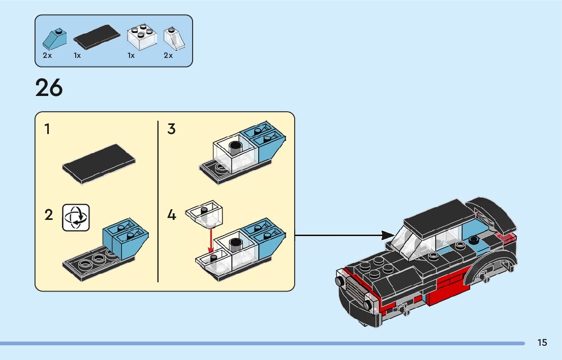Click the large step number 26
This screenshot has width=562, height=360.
coord(49,88)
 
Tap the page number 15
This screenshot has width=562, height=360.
coord(542,343)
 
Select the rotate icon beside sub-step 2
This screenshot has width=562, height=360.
coord(76,217)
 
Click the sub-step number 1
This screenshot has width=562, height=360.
coord(48,129)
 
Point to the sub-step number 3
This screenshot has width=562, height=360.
coord(171,129)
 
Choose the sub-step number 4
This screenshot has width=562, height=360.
coord(172,215)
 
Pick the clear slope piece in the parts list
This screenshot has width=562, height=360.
coord(173,38)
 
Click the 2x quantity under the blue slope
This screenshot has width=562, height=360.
coord(47,55)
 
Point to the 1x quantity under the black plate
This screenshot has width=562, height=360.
coord(77,55)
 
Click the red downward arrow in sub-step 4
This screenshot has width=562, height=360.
coord(211,238)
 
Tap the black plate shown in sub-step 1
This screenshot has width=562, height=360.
coord(99,163)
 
